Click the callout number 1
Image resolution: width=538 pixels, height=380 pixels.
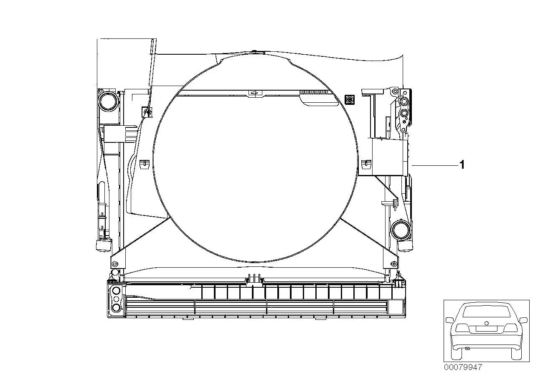click(462, 165)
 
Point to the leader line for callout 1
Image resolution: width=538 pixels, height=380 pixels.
click(435, 166)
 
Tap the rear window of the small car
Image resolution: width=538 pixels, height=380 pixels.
click(487, 312)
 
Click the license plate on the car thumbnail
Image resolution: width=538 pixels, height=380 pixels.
click(486, 329)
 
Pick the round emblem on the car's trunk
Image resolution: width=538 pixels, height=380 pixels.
click(486, 323)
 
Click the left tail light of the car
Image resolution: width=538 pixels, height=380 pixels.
click(462, 327)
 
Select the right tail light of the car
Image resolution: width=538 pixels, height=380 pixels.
click(510, 328)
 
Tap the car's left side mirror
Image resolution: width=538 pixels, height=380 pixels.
click(450, 320)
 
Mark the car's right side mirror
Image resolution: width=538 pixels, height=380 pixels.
click(523, 320)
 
